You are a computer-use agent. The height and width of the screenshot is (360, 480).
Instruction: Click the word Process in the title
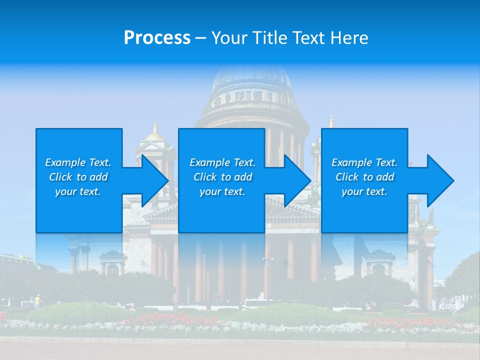click(157, 38)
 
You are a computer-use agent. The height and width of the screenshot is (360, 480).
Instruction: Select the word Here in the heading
click(350, 38)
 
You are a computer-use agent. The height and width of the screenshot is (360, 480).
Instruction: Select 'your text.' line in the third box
click(364, 191)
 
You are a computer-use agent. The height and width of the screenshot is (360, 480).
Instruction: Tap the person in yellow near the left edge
click(36, 300)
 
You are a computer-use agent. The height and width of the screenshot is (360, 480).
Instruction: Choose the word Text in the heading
click(309, 38)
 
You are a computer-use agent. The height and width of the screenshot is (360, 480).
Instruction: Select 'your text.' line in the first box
click(78, 191)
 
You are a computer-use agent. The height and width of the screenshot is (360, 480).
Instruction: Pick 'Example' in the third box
click(350, 162)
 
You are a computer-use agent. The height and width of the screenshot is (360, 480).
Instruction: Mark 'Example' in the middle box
click(208, 162)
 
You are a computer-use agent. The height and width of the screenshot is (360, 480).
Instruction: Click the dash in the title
click(200, 38)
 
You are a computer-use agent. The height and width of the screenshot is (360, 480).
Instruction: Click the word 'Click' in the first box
click(61, 177)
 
